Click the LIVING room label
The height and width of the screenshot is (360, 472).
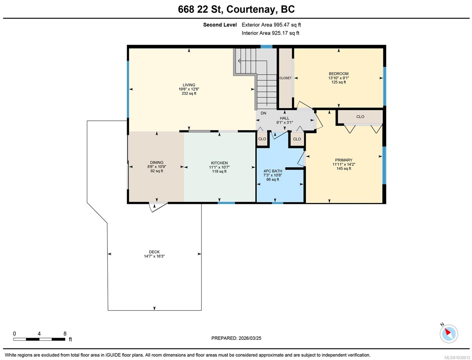pos(189,85)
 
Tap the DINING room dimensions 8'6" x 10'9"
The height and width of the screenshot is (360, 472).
pos(157,167)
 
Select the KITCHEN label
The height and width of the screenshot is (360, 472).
pos(219,163)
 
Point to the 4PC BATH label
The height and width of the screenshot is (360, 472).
pos(273,171)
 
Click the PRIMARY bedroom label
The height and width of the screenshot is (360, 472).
pos(344,160)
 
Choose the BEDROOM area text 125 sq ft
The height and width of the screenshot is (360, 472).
pos(339,82)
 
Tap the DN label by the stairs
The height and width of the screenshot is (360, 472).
pos(263,113)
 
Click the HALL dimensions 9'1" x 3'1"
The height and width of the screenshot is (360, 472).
pos(285,122)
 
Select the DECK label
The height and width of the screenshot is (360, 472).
pos(154,252)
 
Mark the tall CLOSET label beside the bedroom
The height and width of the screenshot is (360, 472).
pos(285,78)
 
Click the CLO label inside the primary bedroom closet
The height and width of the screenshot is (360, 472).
pos(360,117)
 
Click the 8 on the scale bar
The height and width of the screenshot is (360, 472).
pos(65,334)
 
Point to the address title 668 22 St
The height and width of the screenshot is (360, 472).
pos(200,9)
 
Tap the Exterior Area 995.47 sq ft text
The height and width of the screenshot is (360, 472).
pos(271,25)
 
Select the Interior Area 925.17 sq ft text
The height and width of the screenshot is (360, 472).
pos(270,33)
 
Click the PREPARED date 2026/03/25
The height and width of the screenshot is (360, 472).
pos(250,338)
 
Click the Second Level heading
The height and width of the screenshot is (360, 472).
pos(220,25)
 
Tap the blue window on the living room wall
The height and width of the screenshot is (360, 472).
pos(128,89)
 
